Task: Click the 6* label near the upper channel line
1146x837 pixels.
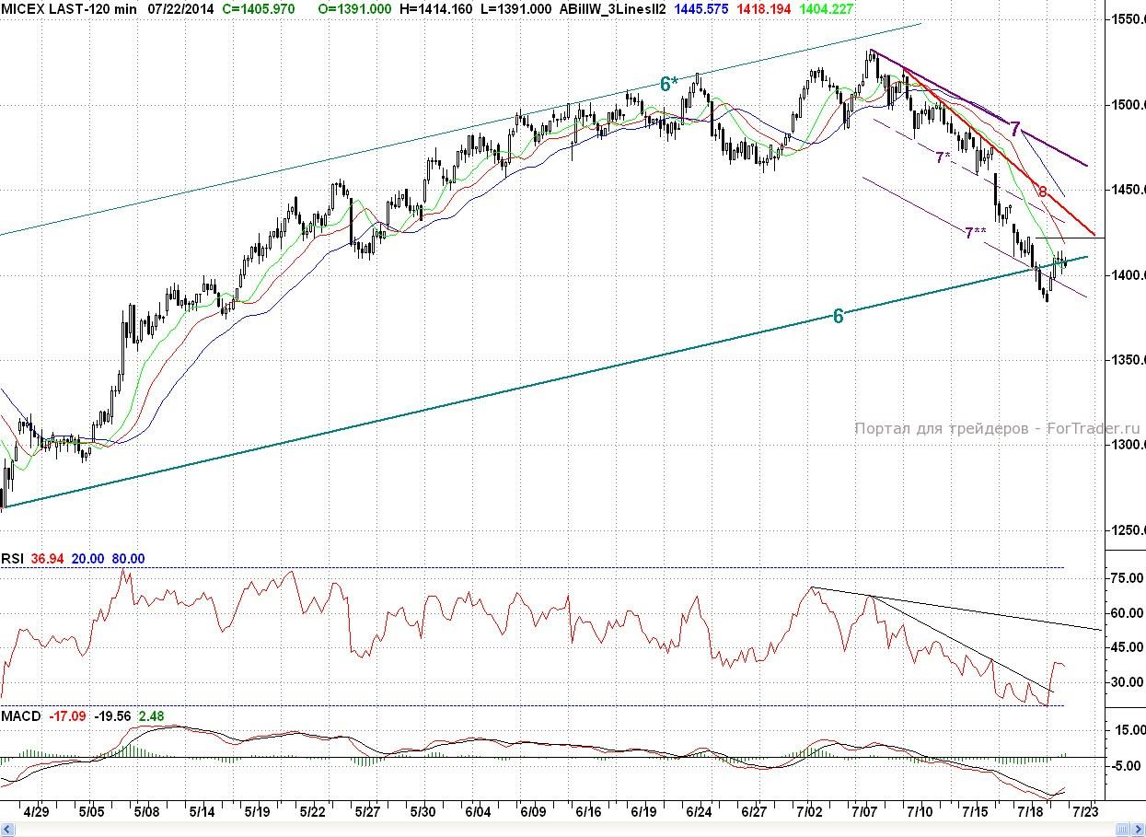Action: click(x=669, y=84)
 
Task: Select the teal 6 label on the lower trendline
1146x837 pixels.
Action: click(x=838, y=316)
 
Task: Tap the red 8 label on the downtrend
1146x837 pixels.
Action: click(x=1042, y=192)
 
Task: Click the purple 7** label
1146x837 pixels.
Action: click(x=976, y=233)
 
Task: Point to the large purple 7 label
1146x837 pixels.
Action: click(x=1014, y=129)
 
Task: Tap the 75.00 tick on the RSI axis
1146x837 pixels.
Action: click(x=1128, y=578)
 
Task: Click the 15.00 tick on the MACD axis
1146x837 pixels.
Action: click(x=1128, y=730)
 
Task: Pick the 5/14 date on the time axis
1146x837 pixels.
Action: click(x=203, y=812)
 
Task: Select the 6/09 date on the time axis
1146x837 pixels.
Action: click(x=533, y=812)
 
